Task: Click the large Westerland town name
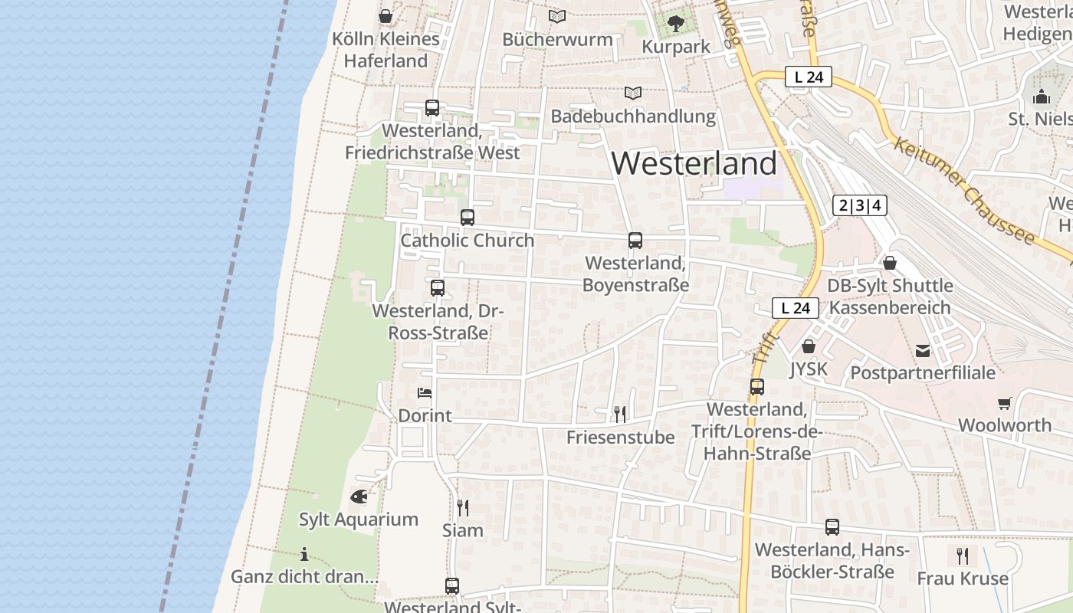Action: coord(694,164)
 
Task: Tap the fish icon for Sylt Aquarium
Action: coord(359,497)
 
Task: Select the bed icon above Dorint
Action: coord(425,393)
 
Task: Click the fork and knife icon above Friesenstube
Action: coord(620,415)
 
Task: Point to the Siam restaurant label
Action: coord(463,530)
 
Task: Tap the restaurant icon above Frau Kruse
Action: coord(963,556)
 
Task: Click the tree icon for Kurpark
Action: coord(675,24)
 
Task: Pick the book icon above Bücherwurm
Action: coord(557,16)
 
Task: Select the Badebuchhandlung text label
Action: coord(633,116)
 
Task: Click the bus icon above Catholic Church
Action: coord(468,218)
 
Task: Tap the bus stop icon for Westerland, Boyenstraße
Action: coord(635,241)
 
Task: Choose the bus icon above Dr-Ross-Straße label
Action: coord(437,288)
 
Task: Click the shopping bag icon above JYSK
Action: coord(808,347)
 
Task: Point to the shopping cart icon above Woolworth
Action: coord(1004,403)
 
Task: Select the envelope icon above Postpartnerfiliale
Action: coord(923,351)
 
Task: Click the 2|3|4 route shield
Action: coord(860,205)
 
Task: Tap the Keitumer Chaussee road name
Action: coord(963,191)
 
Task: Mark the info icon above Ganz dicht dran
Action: coord(304,554)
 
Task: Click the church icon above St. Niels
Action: coord(1041,97)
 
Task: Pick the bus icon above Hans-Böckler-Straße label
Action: coord(832,527)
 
